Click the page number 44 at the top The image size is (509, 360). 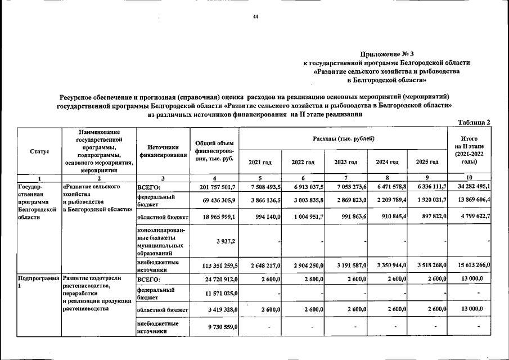255,17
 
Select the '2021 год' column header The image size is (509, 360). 260,162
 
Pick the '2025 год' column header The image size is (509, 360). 427,162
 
